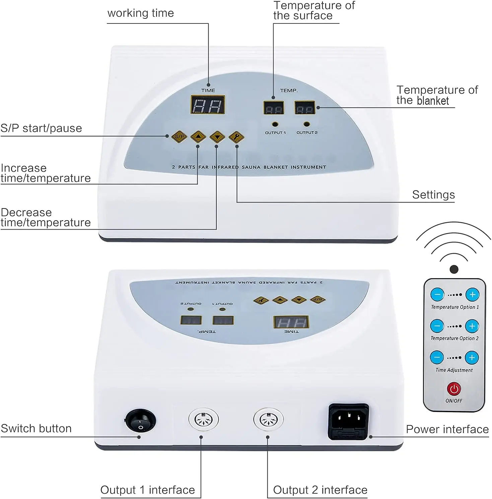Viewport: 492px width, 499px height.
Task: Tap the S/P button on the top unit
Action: click(x=179, y=137)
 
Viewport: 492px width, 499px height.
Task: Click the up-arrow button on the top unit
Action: click(x=198, y=137)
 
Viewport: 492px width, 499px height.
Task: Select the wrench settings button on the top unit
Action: click(x=236, y=137)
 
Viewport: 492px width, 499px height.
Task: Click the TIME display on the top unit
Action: click(x=208, y=105)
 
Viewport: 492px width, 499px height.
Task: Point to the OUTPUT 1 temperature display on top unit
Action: click(x=274, y=108)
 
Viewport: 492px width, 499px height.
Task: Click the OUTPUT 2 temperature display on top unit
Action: click(x=305, y=108)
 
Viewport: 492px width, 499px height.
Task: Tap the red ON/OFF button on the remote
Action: click(x=454, y=389)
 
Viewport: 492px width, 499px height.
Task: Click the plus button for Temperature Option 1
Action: click(x=472, y=295)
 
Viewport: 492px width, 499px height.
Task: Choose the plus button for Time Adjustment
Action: click(x=472, y=357)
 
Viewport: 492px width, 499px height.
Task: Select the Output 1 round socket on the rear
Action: click(x=203, y=419)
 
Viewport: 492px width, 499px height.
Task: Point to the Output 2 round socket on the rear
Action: click(x=268, y=419)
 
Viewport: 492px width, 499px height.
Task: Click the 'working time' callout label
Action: click(x=141, y=13)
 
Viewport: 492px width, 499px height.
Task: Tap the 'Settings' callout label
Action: click(x=433, y=195)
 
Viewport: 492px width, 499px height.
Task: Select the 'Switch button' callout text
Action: click(x=36, y=428)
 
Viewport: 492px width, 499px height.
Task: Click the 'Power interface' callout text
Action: click(x=447, y=429)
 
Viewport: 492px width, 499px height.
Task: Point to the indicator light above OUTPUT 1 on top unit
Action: click(x=275, y=124)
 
